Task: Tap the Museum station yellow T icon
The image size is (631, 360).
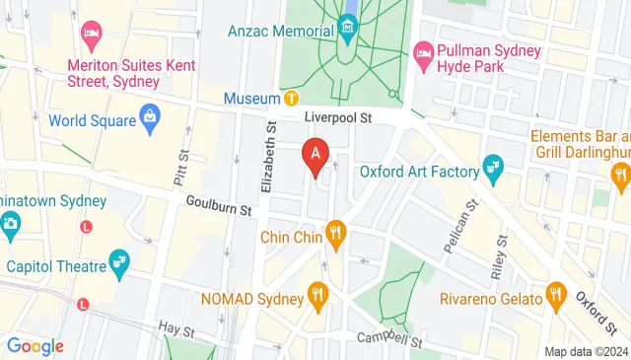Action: click(292, 99)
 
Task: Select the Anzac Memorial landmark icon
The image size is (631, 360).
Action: click(348, 31)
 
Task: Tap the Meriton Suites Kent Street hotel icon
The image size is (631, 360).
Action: click(92, 36)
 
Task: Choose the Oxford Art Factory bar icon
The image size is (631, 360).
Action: click(494, 170)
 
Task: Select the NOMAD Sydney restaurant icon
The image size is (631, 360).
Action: click(316, 293)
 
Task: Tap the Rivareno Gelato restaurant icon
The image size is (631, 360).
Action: click(555, 296)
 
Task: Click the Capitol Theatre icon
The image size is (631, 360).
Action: click(120, 260)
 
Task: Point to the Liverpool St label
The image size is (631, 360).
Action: click(335, 117)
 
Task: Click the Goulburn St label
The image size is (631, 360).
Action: click(219, 205)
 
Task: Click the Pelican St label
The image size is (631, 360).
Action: click(458, 225)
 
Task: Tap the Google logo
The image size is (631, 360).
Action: click(35, 346)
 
